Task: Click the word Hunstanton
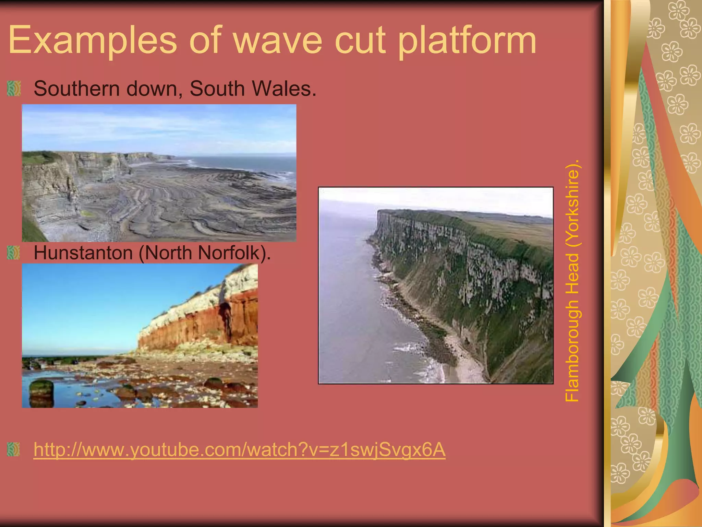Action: pyautogui.click(x=83, y=253)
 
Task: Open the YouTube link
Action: pyautogui.click(x=239, y=449)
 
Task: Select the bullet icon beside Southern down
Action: pyautogui.click(x=14, y=89)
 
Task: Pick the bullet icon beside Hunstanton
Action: pyautogui.click(x=14, y=253)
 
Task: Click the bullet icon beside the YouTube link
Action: pyautogui.click(x=14, y=449)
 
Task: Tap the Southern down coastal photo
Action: pyautogui.click(x=159, y=173)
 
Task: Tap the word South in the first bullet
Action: pyautogui.click(x=217, y=89)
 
